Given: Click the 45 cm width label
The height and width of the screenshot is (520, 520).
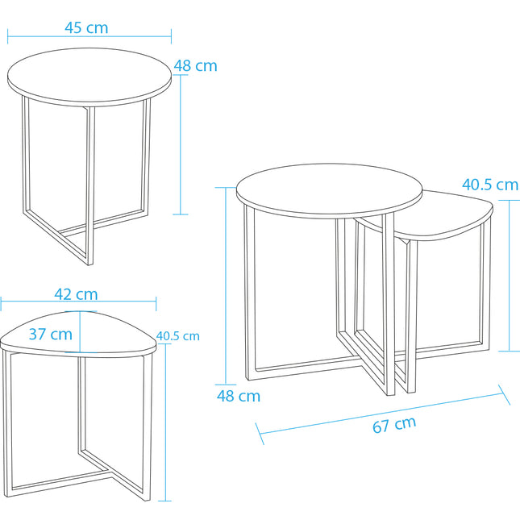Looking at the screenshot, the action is (86, 28).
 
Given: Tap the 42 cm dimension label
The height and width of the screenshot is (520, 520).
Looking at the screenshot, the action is (76, 294).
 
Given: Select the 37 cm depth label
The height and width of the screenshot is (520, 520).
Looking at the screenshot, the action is (51, 334).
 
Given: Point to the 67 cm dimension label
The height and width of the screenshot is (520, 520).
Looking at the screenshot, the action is (394, 425).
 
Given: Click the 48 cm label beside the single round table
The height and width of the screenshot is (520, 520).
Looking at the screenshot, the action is (195, 65).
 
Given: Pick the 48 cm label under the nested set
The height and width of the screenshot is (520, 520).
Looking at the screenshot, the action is (239, 396).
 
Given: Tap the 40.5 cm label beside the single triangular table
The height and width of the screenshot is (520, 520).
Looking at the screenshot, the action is (177, 336).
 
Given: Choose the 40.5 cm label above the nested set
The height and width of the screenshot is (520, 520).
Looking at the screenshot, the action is (490, 185).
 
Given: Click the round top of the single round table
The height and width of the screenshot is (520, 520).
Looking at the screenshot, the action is (89, 77).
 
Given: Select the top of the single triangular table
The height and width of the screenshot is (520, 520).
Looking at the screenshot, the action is (78, 335).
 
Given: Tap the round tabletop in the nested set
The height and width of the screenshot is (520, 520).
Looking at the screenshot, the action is (329, 190).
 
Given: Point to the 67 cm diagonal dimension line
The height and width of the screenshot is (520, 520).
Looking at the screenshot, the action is (382, 414).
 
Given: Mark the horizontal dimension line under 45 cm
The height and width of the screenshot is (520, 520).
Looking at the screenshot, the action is (89, 36).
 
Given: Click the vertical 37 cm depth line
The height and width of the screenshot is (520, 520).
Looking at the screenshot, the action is (81, 331).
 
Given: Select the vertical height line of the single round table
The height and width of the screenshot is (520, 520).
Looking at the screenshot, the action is (181, 144).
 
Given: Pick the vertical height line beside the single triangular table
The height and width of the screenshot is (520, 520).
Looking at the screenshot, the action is (164, 422).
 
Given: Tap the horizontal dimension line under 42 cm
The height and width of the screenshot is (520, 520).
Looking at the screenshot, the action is (78, 302).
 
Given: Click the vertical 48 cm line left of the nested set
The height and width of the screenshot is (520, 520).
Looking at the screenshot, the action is (226, 286).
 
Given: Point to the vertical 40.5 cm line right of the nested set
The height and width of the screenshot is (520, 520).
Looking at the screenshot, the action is (510, 275).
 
